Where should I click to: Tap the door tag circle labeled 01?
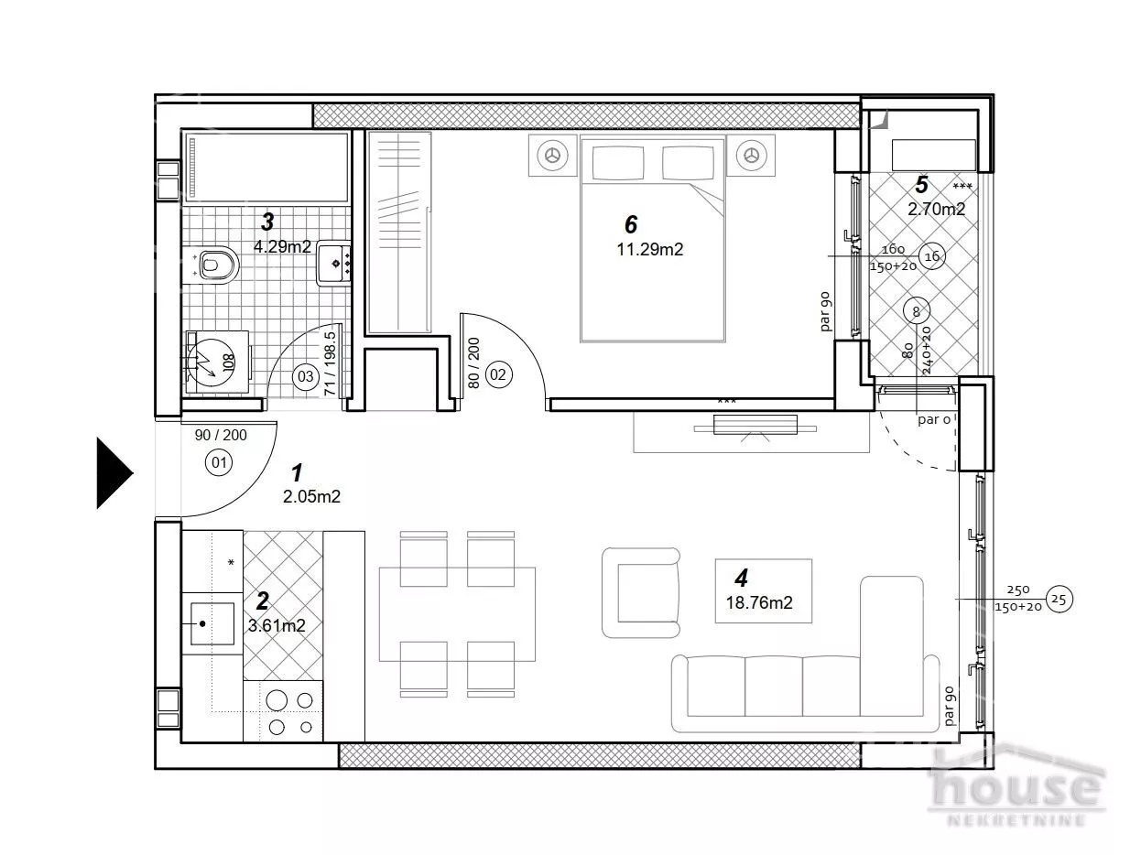219,462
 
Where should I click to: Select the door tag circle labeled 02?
497,374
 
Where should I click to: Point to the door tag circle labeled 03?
306,376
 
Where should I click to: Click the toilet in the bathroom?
212,265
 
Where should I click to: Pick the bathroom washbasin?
333,263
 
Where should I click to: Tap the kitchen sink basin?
212,623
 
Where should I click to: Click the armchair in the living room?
641,592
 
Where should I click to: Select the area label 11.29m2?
650,250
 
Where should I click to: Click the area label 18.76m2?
759,602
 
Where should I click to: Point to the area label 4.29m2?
282,247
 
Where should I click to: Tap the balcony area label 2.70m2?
936,210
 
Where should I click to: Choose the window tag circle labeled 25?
1059,600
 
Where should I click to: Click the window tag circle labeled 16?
932,256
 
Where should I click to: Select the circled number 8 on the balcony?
917,311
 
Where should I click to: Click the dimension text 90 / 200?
221,436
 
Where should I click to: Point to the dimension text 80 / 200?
473,363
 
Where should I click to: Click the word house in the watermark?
1016,785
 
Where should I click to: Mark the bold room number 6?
631,224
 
